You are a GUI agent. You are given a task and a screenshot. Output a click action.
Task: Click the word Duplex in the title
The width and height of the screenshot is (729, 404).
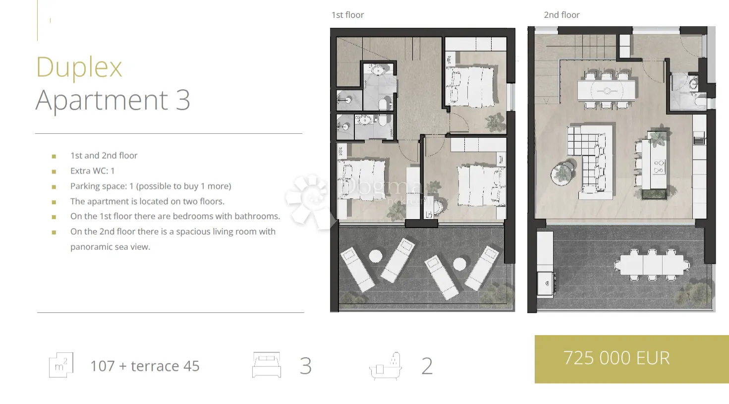tap(79, 67)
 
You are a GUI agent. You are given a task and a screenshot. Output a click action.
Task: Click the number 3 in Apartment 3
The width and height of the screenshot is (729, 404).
tap(183, 100)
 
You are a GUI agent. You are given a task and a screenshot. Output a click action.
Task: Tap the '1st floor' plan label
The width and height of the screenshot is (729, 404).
tap(347, 15)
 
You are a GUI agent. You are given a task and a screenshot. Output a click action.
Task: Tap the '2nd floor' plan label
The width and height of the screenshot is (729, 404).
tap(561, 15)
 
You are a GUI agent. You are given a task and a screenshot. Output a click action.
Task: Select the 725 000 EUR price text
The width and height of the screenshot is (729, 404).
tap(617, 358)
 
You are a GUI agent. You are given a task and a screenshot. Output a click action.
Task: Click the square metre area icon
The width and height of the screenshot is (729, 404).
tap(61, 365)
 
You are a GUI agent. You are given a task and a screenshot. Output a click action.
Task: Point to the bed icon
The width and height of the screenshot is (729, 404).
tap(267, 365)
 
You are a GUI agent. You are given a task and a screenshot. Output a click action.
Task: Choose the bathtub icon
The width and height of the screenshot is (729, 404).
tap(386, 366)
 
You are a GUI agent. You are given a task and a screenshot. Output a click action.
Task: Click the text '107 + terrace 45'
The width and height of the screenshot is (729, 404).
tap(145, 366)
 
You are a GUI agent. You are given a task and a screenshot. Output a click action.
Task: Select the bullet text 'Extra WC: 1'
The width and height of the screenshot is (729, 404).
tap(93, 171)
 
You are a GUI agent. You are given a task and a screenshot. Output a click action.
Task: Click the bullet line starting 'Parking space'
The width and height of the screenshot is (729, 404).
tap(151, 186)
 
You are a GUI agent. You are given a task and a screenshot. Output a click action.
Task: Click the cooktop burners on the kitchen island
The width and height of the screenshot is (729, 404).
tap(659, 167)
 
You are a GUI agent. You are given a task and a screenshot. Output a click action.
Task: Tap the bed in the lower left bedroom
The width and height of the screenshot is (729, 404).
tap(361, 179)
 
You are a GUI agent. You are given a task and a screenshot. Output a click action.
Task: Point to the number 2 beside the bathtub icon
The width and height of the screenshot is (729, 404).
tap(427, 366)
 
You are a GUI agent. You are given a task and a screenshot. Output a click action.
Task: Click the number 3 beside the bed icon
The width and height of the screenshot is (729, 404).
tap(306, 366)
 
